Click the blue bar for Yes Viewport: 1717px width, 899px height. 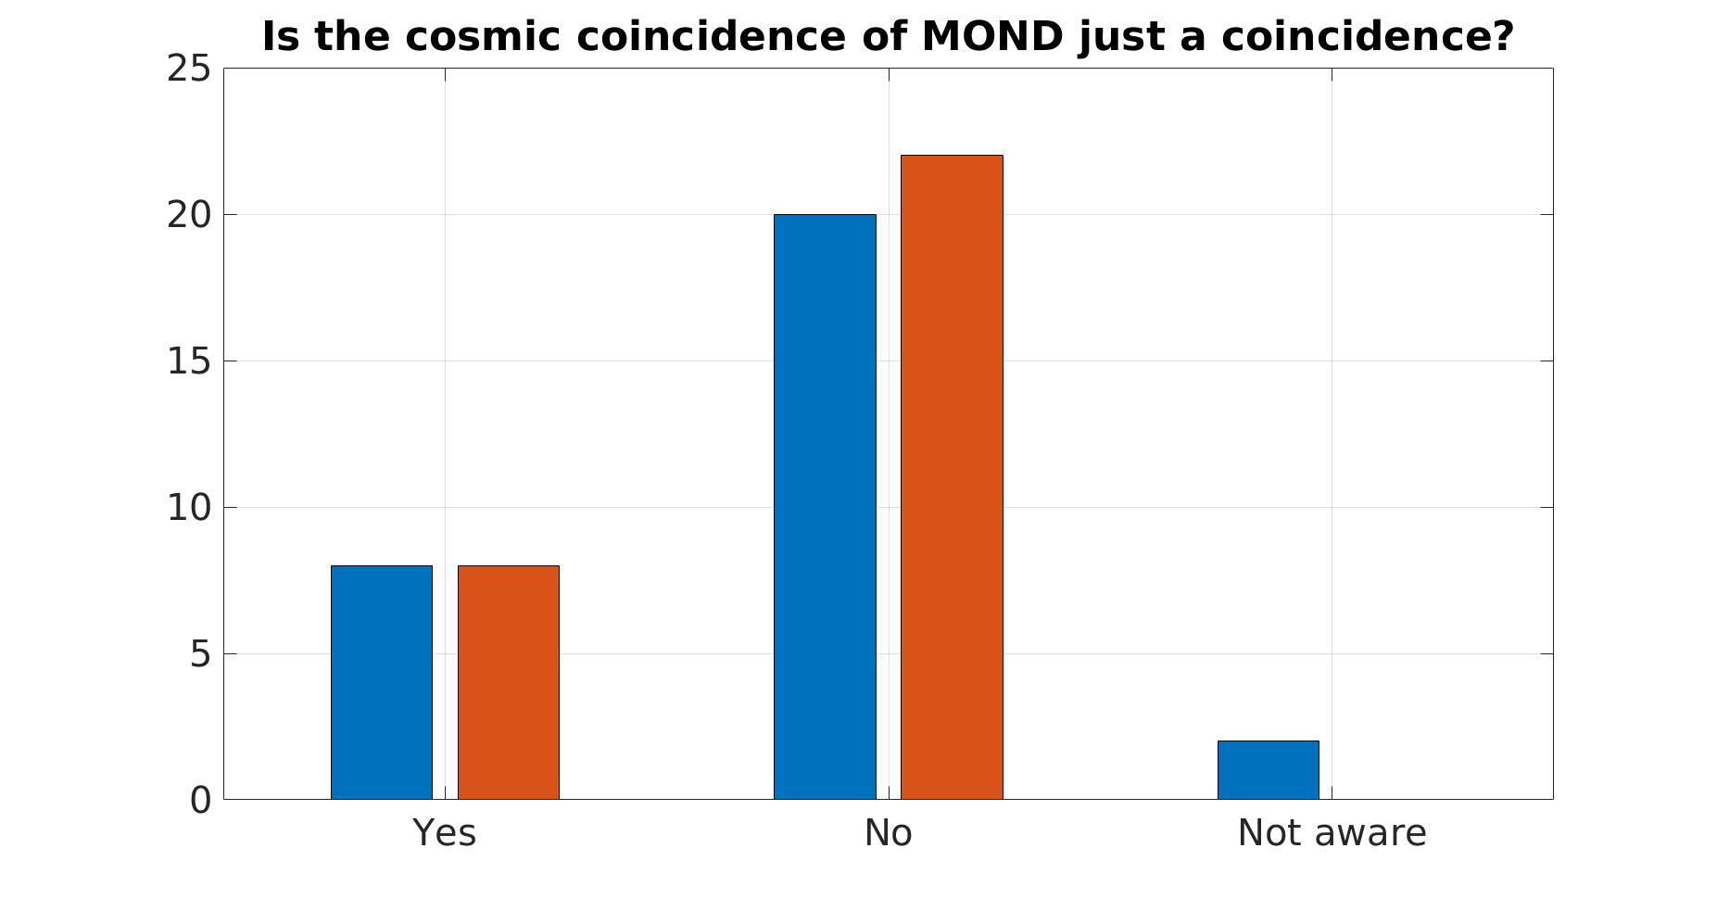382,682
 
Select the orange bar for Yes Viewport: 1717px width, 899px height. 509,682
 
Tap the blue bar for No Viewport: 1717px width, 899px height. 825,507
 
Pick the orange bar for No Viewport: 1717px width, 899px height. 952,477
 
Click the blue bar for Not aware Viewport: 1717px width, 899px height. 1268,770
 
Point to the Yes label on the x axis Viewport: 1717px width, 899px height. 445,833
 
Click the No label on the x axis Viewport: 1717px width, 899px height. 888,833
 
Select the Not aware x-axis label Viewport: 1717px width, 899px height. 1332,833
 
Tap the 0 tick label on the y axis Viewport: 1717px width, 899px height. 200,801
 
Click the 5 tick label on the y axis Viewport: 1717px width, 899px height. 200,655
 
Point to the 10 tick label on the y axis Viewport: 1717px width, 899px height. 189,508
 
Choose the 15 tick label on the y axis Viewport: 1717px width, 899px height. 189,361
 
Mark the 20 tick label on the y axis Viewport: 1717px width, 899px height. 189,215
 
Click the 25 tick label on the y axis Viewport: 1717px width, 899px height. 189,70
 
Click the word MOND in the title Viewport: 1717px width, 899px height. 992,37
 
